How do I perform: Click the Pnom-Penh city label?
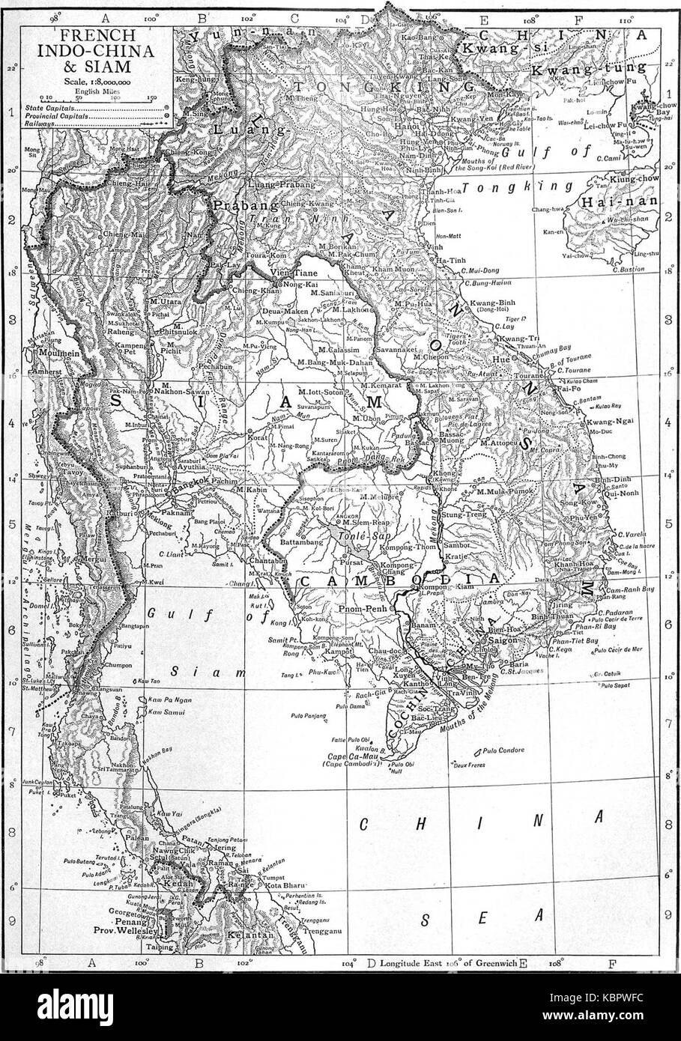[x=361, y=610]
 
